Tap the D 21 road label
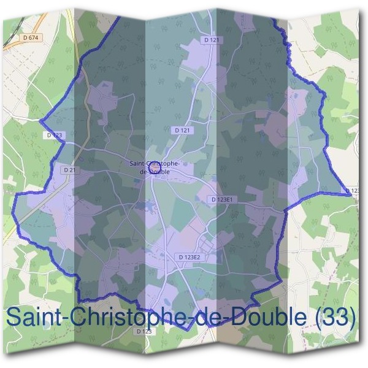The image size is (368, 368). [x=68, y=169]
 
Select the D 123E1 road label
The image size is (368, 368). [x=221, y=200]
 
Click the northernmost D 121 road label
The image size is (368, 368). [x=211, y=40]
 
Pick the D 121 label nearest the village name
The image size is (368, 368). [x=182, y=131]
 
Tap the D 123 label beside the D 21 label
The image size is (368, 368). [x=54, y=134]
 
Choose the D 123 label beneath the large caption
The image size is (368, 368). [x=144, y=331]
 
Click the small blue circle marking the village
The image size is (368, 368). [x=155, y=166]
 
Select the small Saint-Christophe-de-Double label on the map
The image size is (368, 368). [x=155, y=167]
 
